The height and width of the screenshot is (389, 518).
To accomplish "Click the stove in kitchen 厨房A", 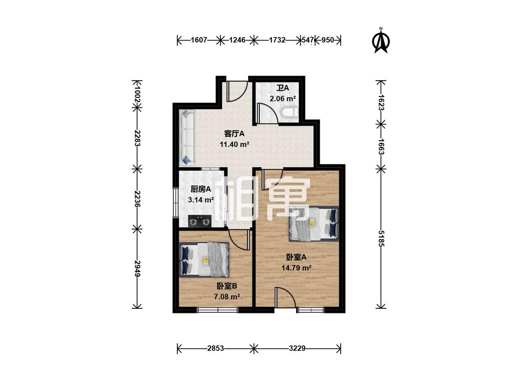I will click(200, 221).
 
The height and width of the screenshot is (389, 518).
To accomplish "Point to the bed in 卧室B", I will click(204, 260).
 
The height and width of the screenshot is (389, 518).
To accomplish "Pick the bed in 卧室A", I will click(314, 224).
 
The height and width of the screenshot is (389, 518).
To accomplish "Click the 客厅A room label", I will click(234, 134).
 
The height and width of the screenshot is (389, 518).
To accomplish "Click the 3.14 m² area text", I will click(201, 200).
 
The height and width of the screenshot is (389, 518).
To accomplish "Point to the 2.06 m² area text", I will click(282, 98).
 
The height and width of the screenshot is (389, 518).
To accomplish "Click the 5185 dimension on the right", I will click(381, 238).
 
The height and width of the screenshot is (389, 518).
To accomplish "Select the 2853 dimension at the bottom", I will click(215, 348).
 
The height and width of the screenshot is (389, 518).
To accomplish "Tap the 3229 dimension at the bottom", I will click(297, 348).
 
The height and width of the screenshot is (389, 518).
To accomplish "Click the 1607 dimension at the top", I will click(198, 40).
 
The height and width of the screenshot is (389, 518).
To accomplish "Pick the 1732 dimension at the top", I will click(277, 40).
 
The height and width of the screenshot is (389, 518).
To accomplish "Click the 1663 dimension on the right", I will click(381, 146).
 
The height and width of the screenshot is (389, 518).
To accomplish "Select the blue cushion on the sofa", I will click(186, 160).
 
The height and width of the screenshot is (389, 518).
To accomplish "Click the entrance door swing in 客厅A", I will click(237, 91).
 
